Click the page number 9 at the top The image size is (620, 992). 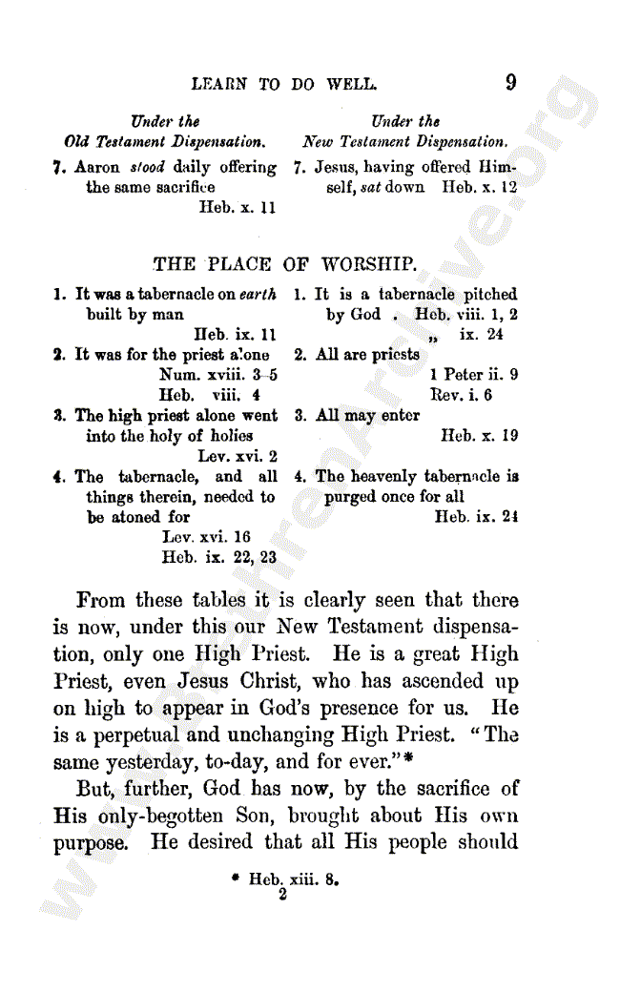click(x=511, y=82)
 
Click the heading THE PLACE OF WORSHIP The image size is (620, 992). click(x=284, y=263)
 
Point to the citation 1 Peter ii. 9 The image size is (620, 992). click(x=474, y=374)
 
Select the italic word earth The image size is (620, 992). click(x=258, y=295)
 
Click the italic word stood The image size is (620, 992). click(x=147, y=167)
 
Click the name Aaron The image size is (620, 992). click(x=98, y=167)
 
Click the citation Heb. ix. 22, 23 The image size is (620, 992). click(x=218, y=557)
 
